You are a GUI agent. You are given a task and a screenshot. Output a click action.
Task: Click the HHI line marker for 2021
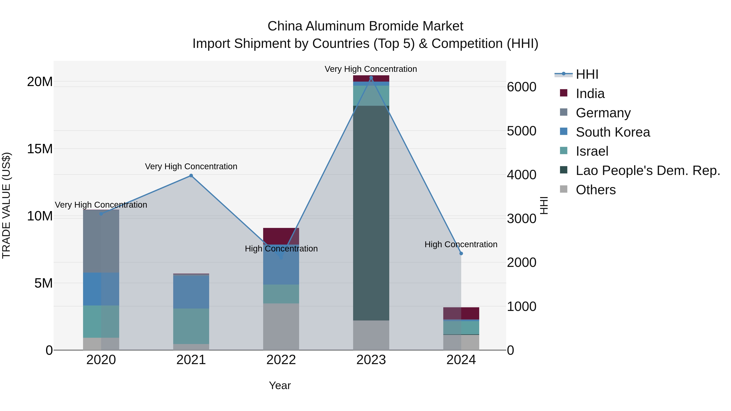191,176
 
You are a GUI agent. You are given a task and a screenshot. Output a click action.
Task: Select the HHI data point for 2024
461,253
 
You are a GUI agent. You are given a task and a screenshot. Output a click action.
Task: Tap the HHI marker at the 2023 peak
371,78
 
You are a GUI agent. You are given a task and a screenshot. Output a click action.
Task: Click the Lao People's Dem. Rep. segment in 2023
371,213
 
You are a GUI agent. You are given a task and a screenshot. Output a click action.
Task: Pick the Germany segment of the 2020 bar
101,241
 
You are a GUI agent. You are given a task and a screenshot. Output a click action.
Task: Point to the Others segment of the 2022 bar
281,326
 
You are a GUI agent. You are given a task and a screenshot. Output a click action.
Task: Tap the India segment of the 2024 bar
461,313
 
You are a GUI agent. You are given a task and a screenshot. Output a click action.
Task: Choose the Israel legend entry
592,151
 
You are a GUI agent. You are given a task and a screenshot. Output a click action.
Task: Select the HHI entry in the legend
587,74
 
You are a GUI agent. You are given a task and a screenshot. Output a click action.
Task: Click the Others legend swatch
563,189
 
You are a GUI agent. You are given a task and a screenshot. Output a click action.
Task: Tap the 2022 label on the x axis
281,360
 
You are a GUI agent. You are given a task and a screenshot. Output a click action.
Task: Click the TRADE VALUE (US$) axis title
6,205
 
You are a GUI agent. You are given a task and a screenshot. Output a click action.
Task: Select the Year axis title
280,385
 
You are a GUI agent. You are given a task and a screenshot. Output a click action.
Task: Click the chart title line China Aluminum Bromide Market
365,26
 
